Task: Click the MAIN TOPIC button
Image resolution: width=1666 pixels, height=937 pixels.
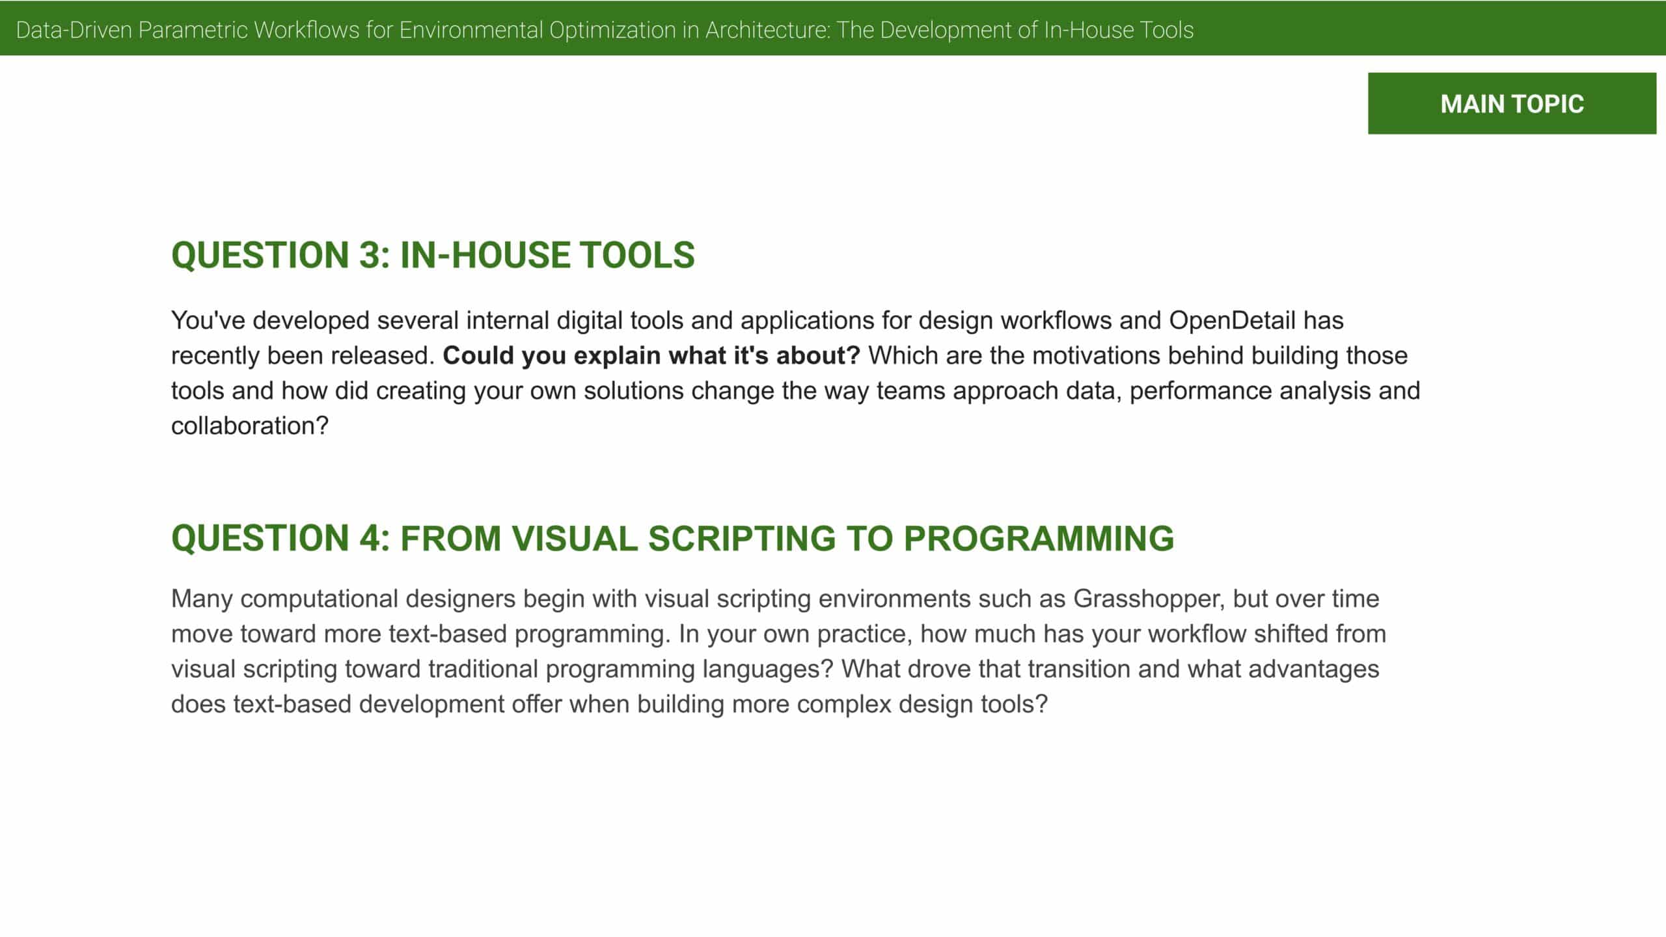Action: click(x=1512, y=103)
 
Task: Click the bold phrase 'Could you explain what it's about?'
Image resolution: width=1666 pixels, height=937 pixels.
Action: click(x=651, y=356)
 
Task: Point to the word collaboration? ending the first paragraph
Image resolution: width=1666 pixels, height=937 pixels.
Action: click(x=250, y=426)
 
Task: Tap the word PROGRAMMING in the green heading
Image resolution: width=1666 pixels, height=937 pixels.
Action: click(x=1039, y=538)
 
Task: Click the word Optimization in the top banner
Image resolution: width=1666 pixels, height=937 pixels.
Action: click(x=612, y=31)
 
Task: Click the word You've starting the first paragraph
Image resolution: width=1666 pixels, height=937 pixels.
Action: click(x=208, y=321)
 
